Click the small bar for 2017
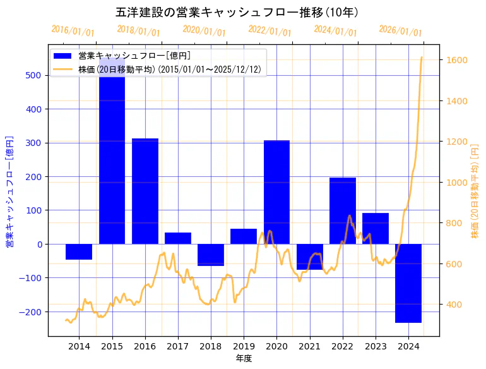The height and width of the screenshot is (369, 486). point(178,238)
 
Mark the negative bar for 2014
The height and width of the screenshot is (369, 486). point(79,251)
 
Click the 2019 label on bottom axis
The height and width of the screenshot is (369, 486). point(244,346)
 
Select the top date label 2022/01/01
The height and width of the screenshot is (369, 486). point(270,30)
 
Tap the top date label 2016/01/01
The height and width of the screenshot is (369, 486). point(73,30)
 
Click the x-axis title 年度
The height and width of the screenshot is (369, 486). point(244,358)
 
